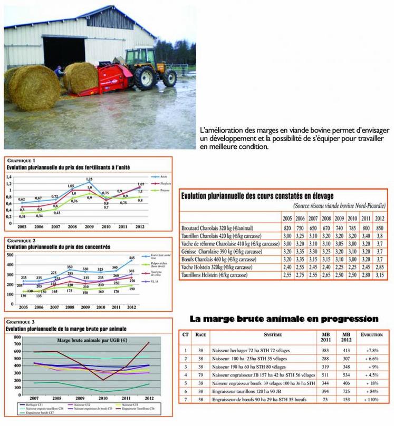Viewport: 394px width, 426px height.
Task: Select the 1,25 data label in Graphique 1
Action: (x=90, y=180)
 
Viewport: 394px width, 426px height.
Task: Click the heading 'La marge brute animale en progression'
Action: (x=284, y=319)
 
